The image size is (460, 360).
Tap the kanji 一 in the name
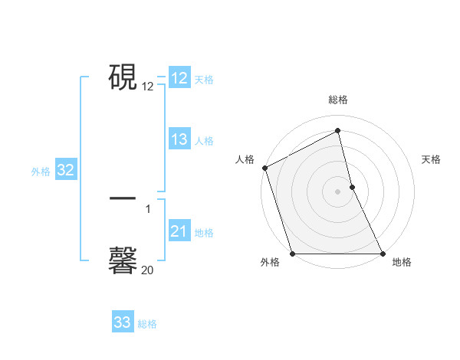tap(123, 198)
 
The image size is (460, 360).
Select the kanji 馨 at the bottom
tap(123, 260)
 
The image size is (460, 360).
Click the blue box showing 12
tap(179, 78)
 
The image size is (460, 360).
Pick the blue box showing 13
tap(179, 139)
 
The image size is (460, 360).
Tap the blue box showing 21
tap(179, 231)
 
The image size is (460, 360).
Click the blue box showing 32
tap(66, 170)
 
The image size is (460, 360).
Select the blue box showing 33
tap(123, 322)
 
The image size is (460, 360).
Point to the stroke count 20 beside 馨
tap(147, 270)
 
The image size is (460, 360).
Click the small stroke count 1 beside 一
tap(148, 208)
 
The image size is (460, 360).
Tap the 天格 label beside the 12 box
tap(204, 80)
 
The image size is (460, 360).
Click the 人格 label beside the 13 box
tap(204, 141)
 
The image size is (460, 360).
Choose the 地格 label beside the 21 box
tap(204, 233)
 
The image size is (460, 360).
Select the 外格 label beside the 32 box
tap(41, 172)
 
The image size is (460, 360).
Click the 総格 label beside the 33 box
tap(147, 324)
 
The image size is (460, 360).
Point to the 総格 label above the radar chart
tap(338, 100)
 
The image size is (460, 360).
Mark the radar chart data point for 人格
tap(264, 168)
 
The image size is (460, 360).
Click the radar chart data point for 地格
tap(383, 253)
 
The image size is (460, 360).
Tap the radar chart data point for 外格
tap(293, 253)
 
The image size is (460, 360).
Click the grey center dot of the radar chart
tap(338, 191)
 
